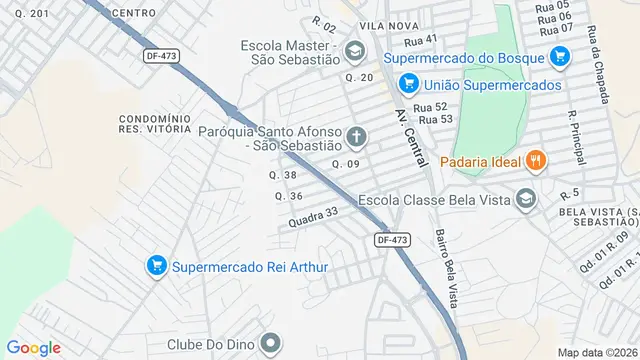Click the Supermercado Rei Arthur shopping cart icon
coord(156,266)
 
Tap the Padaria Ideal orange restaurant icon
coord(536,159)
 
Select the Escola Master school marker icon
coord(354,49)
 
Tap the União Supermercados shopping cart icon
coord(407,85)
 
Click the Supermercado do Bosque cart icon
coord(558,58)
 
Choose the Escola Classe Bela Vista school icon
coord(525,200)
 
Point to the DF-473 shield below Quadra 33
coord(393,240)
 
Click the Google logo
coord(33,347)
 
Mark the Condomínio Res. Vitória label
coord(154,123)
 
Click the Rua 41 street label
coord(421,40)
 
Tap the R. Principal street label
coord(574,125)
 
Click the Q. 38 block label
coord(284,175)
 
